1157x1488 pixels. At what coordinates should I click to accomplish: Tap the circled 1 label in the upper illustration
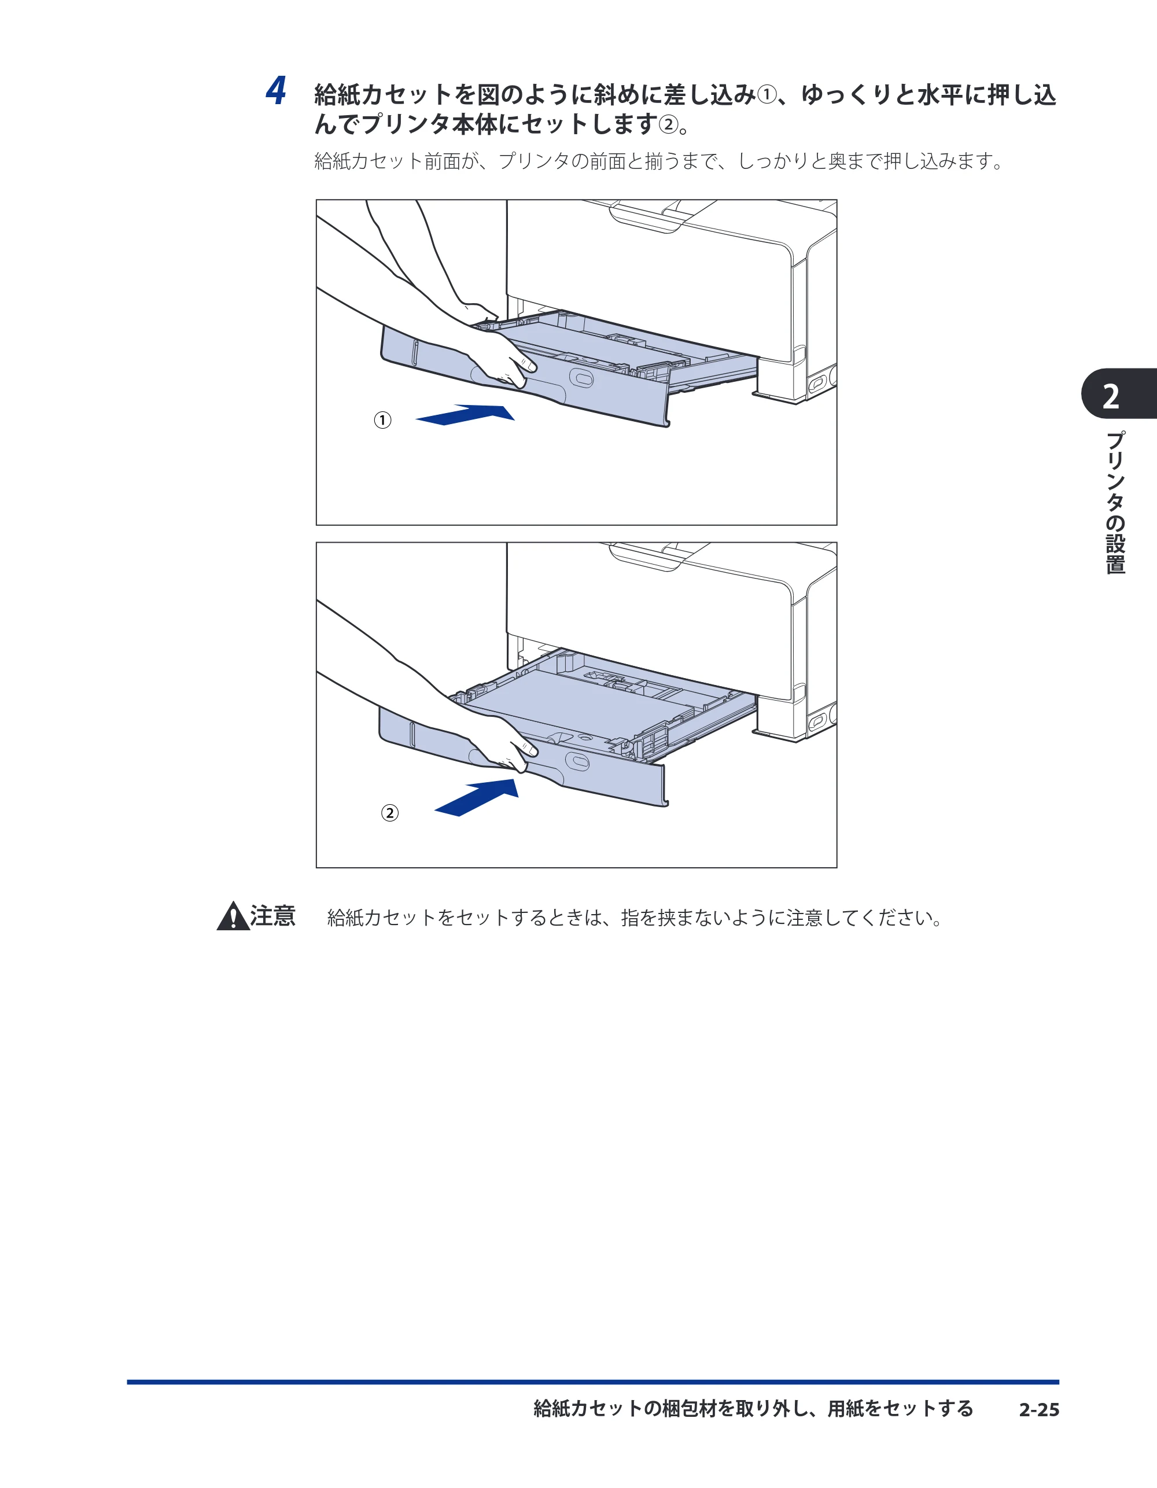click(383, 421)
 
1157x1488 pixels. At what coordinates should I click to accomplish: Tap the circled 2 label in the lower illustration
click(390, 813)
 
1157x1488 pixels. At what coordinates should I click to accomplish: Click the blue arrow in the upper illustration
click(465, 415)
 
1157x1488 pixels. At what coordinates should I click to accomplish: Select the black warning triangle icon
click(233, 916)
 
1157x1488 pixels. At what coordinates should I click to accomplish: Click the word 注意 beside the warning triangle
click(272, 916)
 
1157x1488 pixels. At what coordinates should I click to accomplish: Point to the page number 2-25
click(1039, 1410)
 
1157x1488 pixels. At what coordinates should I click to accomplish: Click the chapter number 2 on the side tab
click(1111, 396)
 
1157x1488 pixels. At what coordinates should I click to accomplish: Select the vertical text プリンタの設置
click(1115, 503)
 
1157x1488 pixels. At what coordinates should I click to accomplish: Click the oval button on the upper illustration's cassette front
click(581, 378)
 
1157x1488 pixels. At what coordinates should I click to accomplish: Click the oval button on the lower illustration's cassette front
click(578, 762)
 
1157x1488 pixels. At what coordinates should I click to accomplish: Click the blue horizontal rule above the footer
click(593, 1382)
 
